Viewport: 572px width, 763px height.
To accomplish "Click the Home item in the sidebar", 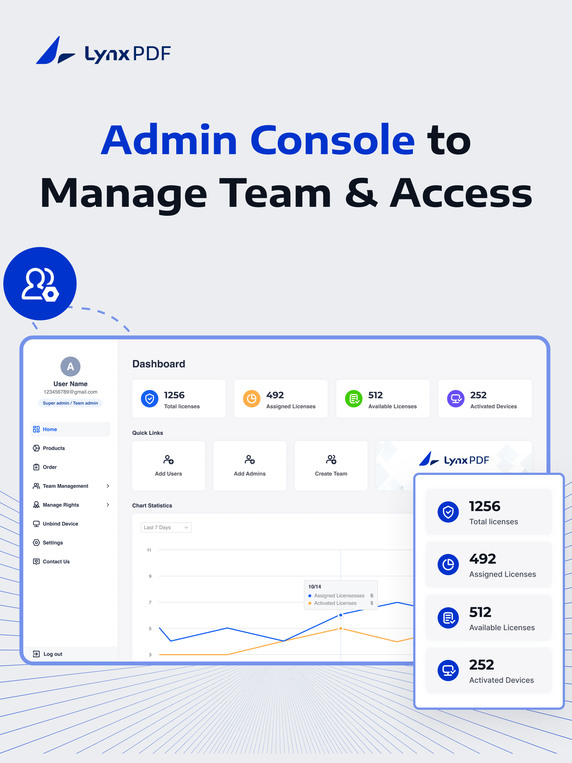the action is pos(70,429).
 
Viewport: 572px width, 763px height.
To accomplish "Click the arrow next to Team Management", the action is pos(108,486).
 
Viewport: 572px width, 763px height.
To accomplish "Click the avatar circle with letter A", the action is pos(70,366).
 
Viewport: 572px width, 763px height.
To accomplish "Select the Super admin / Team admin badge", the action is pos(70,403).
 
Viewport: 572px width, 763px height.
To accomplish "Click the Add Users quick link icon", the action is pos(168,459).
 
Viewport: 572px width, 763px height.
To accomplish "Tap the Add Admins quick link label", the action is pos(250,474).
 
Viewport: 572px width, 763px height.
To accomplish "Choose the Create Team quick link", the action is pos(331,466).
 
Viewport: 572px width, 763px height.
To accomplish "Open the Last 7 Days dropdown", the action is pos(166,527).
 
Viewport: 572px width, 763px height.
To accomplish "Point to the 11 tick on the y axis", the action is pos(149,550).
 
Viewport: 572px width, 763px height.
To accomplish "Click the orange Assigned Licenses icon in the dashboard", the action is pos(252,399).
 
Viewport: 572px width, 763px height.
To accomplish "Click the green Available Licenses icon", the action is pos(354,399).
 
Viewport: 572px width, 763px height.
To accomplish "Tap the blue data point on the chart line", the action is pos(341,615).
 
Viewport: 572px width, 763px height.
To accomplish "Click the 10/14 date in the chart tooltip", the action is pos(315,586).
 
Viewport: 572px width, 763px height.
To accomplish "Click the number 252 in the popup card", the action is pos(481,665).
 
